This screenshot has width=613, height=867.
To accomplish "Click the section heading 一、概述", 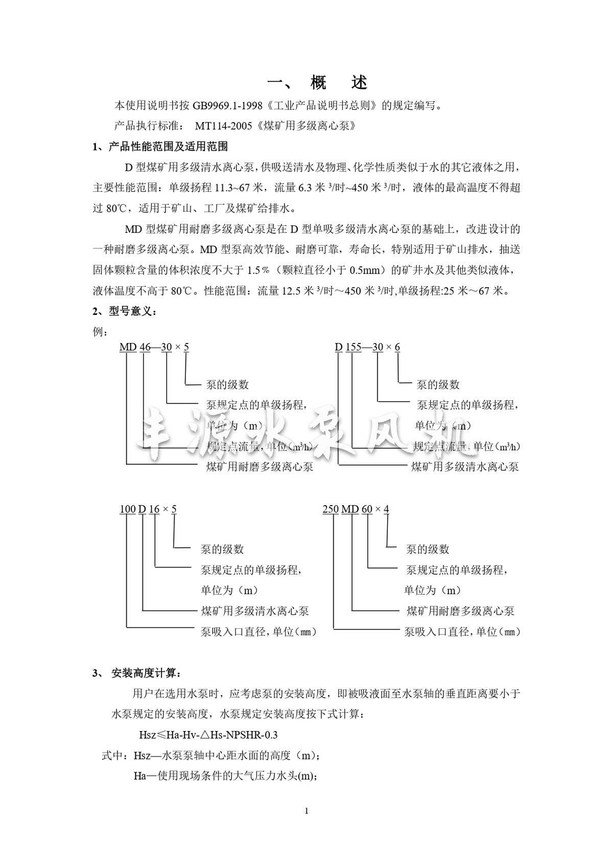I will [x=318, y=82].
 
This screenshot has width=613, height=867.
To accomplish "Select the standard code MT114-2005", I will [x=223, y=126].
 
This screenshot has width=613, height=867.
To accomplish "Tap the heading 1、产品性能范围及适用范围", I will [x=160, y=147].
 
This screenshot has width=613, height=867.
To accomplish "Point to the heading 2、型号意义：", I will [x=125, y=311].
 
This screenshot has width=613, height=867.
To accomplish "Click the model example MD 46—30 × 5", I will [x=154, y=347].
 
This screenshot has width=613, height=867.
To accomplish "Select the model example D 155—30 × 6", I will [x=367, y=347].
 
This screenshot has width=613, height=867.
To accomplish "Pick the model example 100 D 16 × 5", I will [x=148, y=509].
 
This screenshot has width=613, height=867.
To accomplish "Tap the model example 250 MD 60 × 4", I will [x=356, y=509].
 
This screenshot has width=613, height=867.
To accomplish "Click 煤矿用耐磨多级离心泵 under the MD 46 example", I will [x=260, y=466].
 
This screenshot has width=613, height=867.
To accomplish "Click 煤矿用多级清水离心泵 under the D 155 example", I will [x=465, y=466].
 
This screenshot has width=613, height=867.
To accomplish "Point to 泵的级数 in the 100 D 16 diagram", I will [x=222, y=549].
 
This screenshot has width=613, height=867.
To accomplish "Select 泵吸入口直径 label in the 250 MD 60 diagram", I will [x=438, y=632].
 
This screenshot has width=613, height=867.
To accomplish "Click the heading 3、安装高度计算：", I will [x=136, y=673].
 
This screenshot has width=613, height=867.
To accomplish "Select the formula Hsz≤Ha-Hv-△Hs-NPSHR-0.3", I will [x=208, y=735].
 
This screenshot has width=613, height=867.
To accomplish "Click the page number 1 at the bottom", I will [x=306, y=811].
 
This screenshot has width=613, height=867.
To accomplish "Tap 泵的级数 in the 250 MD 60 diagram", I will [x=428, y=549].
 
